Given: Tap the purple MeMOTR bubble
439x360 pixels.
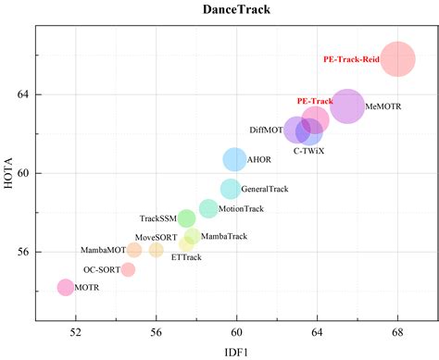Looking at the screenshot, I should [x=347, y=106].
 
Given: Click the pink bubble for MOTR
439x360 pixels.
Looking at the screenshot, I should [x=65, y=288].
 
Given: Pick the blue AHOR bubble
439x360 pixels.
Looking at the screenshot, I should [x=235, y=159].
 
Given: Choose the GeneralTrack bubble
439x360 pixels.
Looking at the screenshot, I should [x=231, y=189].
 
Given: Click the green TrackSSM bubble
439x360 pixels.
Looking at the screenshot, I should [x=186, y=218].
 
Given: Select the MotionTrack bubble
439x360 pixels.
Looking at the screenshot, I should [x=208, y=208].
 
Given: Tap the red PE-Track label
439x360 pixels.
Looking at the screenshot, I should [x=314, y=101].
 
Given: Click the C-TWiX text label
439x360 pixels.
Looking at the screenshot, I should [x=309, y=150].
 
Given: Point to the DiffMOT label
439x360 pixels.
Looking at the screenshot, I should [x=267, y=130].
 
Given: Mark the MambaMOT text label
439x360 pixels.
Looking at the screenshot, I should [x=103, y=250].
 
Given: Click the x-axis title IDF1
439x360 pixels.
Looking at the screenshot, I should [x=237, y=350].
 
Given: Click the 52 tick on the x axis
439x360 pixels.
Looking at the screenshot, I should [x=76, y=331].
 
